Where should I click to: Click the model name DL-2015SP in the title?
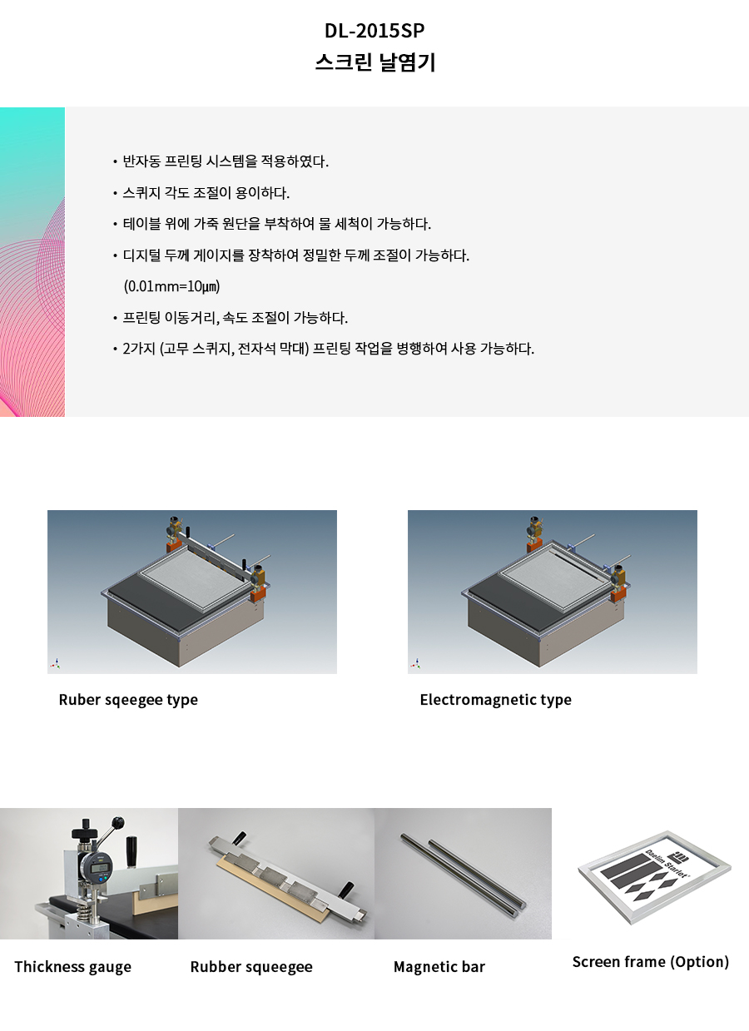[x=374, y=31]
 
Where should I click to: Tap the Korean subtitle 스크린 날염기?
[x=374, y=62]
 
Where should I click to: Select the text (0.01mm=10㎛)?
[x=171, y=286]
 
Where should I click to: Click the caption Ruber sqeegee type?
[x=128, y=700]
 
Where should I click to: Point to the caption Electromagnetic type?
[x=495, y=700]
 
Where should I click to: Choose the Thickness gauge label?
[x=72, y=967]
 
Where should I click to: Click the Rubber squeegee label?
[x=251, y=967]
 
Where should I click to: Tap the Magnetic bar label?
[x=439, y=967]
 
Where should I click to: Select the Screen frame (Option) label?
[x=651, y=962]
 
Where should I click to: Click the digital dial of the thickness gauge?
[x=99, y=868]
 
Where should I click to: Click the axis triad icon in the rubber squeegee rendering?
[x=55, y=663]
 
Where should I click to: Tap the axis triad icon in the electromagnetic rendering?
[x=416, y=663]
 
